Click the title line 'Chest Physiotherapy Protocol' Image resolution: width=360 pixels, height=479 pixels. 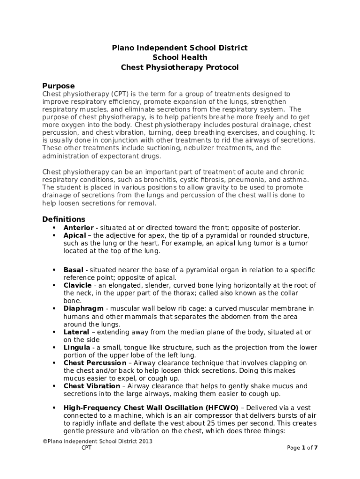coord(180,67)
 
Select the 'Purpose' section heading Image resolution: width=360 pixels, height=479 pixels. coord(58,86)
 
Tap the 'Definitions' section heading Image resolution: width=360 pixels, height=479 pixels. coord(64,219)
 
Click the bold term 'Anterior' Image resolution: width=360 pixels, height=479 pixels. coord(79,228)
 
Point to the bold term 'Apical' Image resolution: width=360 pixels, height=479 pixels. coord(75,236)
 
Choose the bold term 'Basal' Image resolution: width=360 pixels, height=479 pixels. coord(73,270)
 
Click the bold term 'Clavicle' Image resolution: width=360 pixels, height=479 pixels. coord(78,285)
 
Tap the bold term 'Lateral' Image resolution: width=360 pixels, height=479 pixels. coord(76,332)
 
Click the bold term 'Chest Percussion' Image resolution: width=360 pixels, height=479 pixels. coord(94,363)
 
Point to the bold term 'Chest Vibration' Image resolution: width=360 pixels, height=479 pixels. coord(92,386)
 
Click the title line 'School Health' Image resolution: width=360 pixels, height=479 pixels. coord(180,58)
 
